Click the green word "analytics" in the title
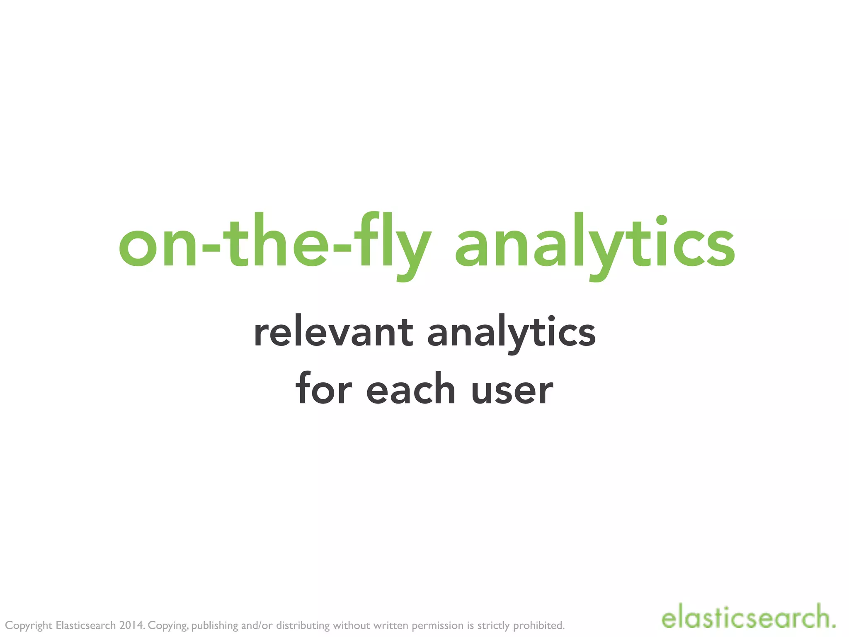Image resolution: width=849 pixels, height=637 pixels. (x=595, y=245)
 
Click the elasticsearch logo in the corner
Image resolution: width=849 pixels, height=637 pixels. (x=748, y=618)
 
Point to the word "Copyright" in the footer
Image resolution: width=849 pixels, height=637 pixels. (x=29, y=626)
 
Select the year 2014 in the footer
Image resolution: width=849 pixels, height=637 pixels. (x=131, y=625)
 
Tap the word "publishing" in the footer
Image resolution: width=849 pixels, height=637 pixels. (x=214, y=626)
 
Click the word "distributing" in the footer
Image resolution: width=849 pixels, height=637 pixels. (x=303, y=625)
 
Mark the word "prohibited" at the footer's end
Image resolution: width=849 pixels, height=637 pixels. (x=539, y=625)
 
